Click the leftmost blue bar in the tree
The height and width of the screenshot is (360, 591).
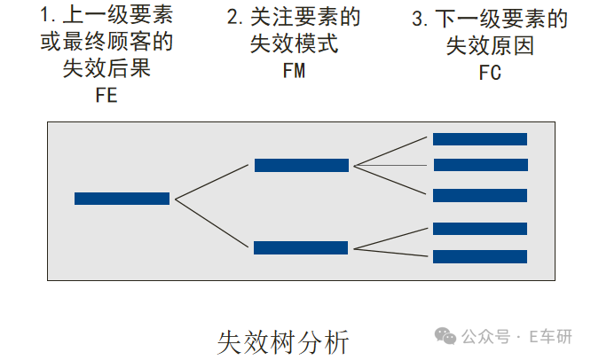click(x=122, y=199)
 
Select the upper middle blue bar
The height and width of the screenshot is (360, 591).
click(x=302, y=165)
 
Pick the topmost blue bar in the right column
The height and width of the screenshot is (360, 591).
click(x=480, y=139)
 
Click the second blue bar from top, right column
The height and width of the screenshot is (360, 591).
click(x=480, y=165)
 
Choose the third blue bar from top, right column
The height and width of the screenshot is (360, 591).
click(x=480, y=196)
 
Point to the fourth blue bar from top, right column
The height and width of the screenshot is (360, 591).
click(x=480, y=228)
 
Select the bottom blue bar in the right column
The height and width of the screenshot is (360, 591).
click(x=480, y=256)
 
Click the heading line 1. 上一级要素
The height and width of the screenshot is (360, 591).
click(x=106, y=15)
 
